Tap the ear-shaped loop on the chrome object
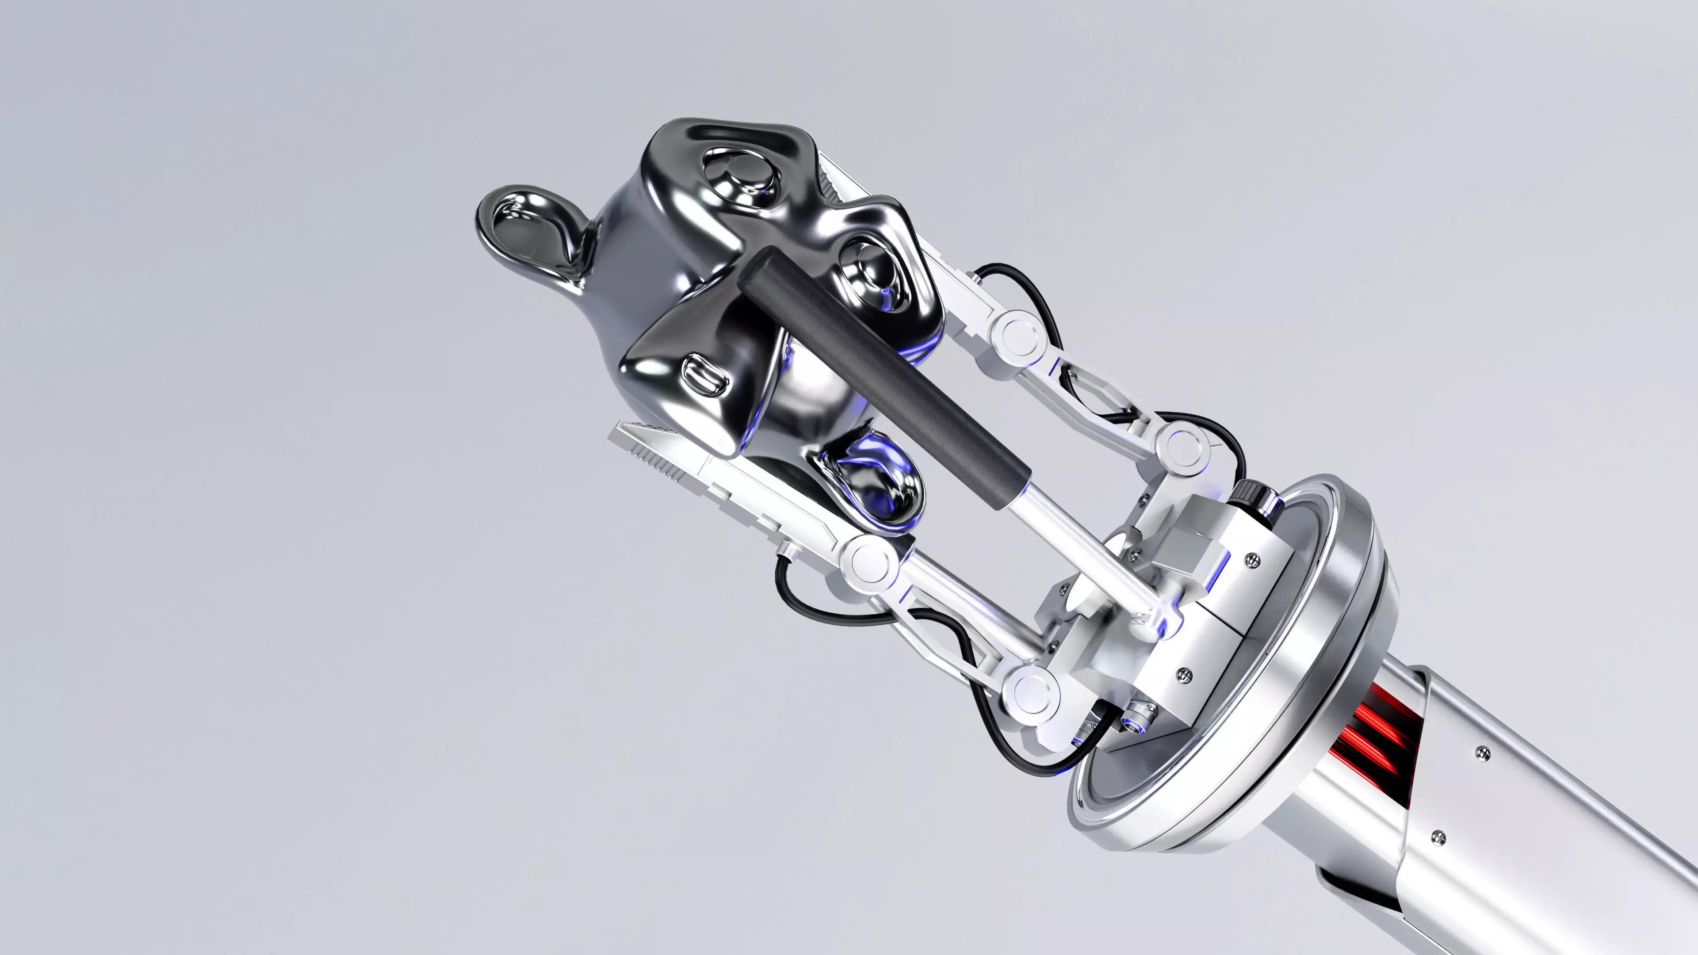pos(528,231)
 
